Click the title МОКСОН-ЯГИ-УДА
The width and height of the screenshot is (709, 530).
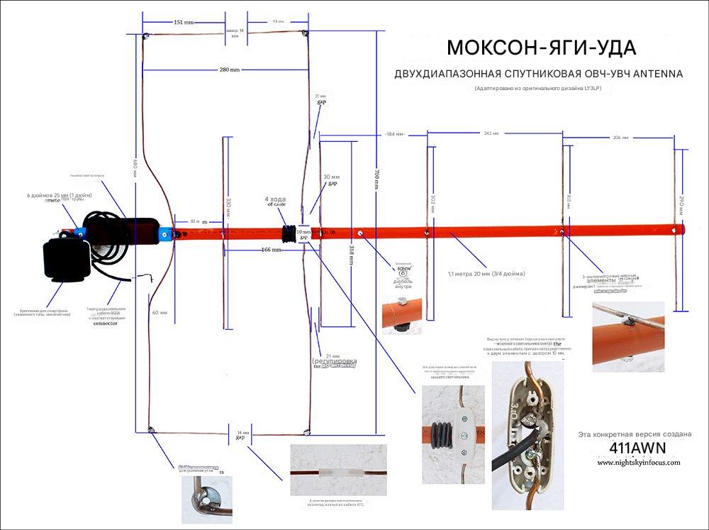[541, 48]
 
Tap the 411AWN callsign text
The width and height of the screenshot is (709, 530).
[637, 448]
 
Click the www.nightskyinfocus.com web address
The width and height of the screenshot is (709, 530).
[638, 462]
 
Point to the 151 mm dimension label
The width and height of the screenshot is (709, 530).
[184, 22]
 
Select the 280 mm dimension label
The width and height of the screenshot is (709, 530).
[229, 70]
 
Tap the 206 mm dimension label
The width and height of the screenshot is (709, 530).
[621, 137]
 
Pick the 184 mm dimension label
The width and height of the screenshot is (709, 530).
[395, 134]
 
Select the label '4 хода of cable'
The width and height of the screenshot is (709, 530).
[277, 203]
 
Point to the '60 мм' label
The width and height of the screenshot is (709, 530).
[160, 312]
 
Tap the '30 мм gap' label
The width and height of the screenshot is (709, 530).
[331, 180]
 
